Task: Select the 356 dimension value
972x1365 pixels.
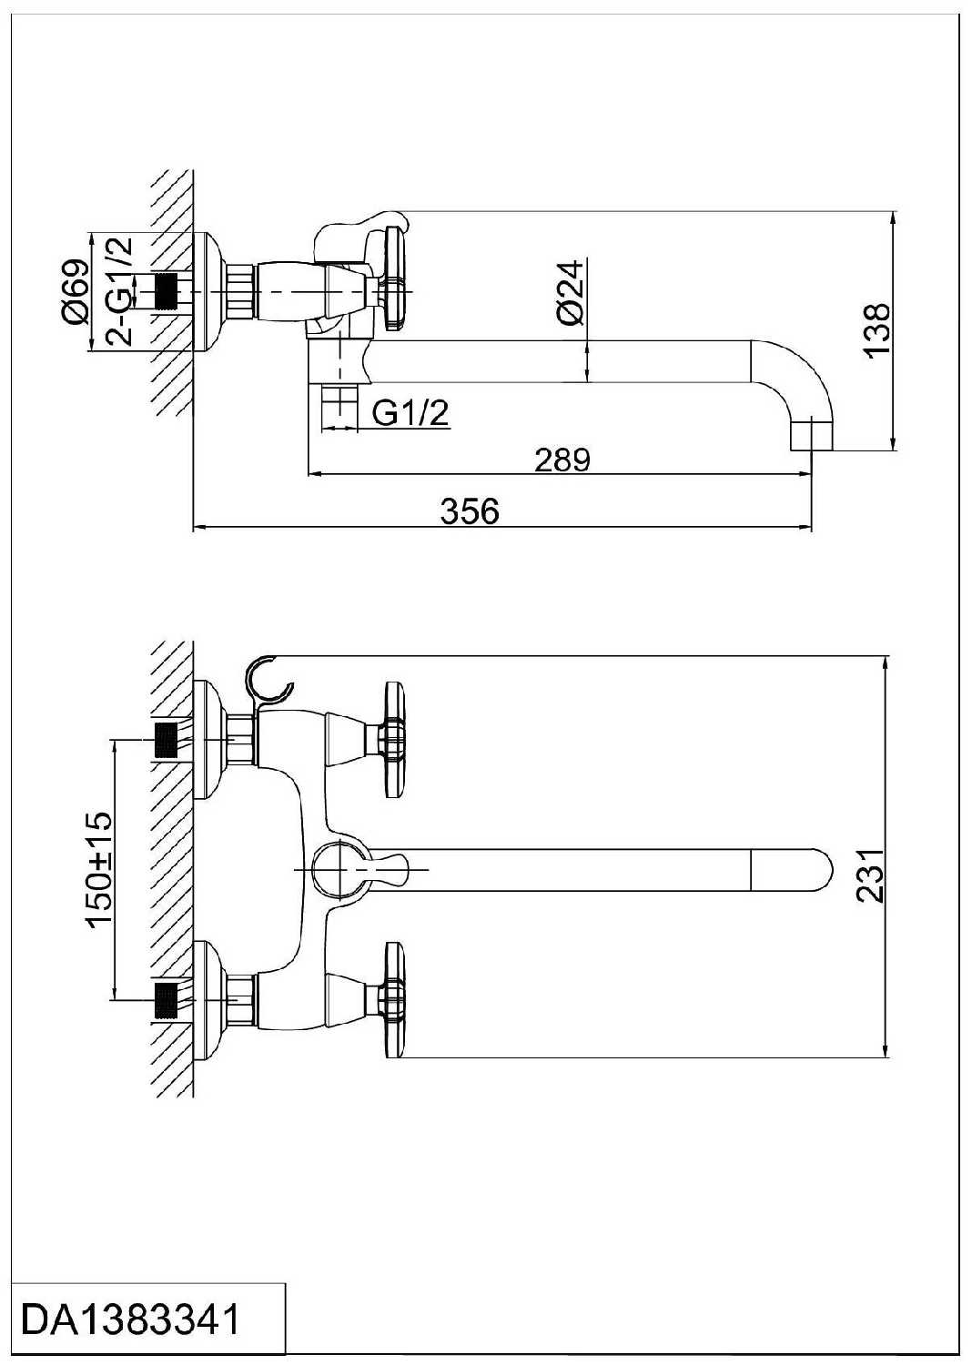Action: (470, 511)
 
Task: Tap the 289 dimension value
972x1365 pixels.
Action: (562, 460)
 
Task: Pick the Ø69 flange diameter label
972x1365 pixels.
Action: (75, 291)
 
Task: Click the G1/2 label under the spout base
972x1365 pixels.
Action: (410, 414)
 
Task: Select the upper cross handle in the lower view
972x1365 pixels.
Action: (394, 739)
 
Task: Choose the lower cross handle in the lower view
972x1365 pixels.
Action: (394, 1000)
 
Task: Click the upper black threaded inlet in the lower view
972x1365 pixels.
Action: (166, 740)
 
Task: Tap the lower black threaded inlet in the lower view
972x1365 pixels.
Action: (166, 1000)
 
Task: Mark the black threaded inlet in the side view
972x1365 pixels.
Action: (166, 292)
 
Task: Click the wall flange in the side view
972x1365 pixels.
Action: (208, 292)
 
